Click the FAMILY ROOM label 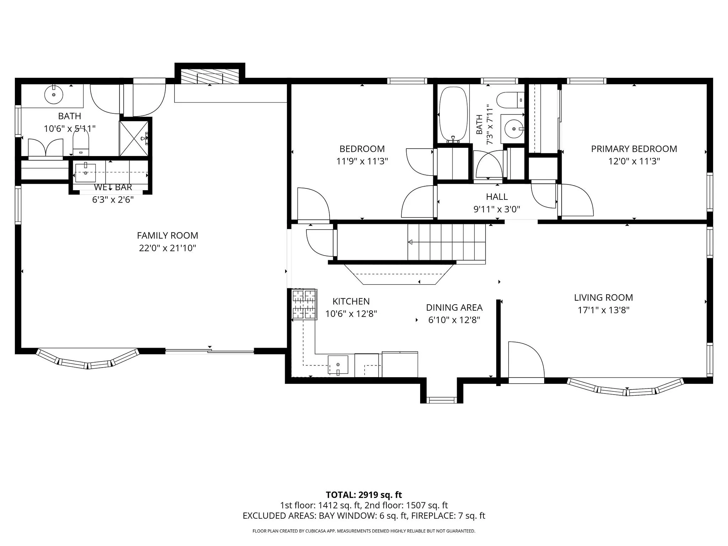[x=167, y=235]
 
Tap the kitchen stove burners [x=304, y=304]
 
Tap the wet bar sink [x=86, y=173]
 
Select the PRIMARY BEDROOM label [x=634, y=149]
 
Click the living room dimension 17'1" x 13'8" [x=604, y=310]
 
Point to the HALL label [x=497, y=197]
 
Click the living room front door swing [x=526, y=359]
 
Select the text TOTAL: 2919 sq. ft [x=364, y=495]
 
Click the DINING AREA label [x=454, y=307]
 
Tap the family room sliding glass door [x=210, y=352]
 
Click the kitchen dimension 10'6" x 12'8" [x=351, y=314]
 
